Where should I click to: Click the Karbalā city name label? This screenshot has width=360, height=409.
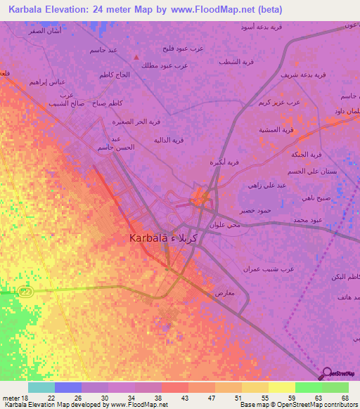coord(161,238)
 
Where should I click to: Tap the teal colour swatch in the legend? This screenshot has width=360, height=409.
coord(41,387)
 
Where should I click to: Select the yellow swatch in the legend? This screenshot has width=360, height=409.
coord(281,387)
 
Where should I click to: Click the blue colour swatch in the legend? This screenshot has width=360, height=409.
coord(67,387)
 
